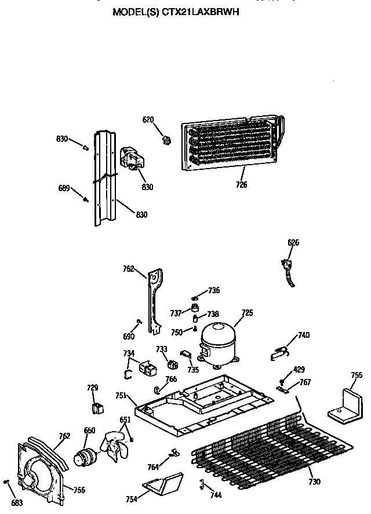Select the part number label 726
pos(241,185)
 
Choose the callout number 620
pos(149,120)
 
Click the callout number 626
pos(293,243)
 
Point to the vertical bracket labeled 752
pos(154,298)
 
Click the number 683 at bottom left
pos(17,502)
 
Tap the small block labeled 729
pos(97,407)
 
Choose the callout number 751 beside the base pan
pos(121,396)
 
